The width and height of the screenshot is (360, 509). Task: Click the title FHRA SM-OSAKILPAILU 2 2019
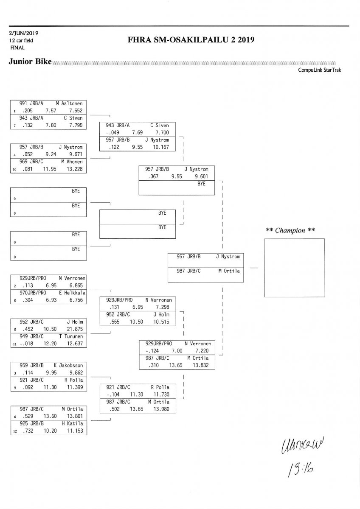click(x=191, y=40)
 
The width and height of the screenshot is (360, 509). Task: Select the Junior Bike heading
click(x=30, y=62)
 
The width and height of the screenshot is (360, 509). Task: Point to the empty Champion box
click(x=294, y=268)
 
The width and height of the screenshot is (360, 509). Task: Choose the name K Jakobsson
click(x=68, y=365)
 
